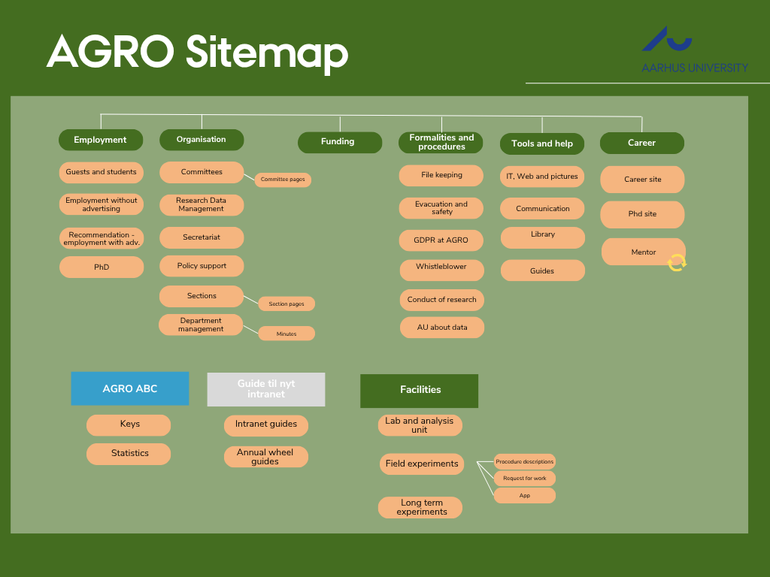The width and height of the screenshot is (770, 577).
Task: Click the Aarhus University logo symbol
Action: pyautogui.click(x=666, y=39)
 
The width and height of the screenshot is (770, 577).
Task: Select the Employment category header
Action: pyautogui.click(x=101, y=140)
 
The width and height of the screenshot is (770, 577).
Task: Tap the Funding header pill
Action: pyautogui.click(x=340, y=142)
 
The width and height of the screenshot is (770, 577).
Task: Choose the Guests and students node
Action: pyautogui.click(x=102, y=172)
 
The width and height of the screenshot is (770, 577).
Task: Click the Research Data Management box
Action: pyautogui.click(x=202, y=204)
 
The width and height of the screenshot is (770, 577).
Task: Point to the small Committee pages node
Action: pyautogui.click(x=283, y=180)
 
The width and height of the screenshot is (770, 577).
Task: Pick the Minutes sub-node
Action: pyautogui.click(x=286, y=334)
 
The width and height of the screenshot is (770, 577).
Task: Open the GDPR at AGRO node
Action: pyautogui.click(x=441, y=240)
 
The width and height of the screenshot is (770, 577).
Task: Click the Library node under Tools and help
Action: pyautogui.click(x=543, y=237)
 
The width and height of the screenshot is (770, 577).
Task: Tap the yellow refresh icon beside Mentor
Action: pyautogui.click(x=677, y=262)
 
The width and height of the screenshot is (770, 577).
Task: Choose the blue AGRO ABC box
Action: pyautogui.click(x=130, y=388)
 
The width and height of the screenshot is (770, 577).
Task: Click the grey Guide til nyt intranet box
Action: pyautogui.click(x=266, y=389)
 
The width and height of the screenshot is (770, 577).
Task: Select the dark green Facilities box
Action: pyautogui.click(x=420, y=391)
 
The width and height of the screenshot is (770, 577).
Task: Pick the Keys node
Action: pyautogui.click(x=129, y=425)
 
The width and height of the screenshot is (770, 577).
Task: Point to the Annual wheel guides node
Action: pyautogui.click(x=266, y=457)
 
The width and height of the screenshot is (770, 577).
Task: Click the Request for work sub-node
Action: pyautogui.click(x=524, y=479)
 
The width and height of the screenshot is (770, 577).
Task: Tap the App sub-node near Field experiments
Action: pyautogui.click(x=524, y=496)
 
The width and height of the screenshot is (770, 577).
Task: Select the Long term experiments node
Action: pyautogui.click(x=420, y=507)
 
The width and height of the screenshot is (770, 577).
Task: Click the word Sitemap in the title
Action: pyautogui.click(x=267, y=53)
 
